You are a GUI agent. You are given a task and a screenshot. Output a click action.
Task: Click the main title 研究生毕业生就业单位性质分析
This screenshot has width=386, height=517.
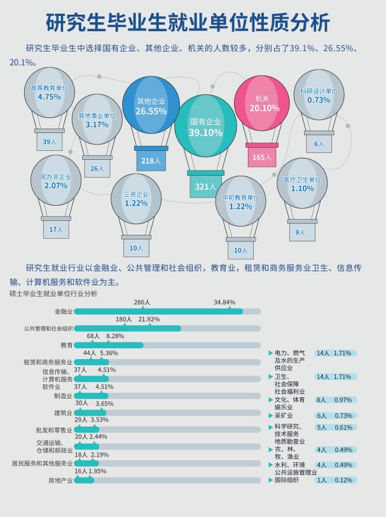(188, 22)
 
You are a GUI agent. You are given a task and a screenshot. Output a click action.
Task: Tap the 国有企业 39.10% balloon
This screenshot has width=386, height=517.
(205, 127)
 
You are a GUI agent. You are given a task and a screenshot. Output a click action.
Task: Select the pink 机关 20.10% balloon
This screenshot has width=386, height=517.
(261, 103)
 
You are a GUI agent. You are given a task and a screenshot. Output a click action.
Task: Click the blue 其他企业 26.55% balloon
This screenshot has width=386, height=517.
(151, 106)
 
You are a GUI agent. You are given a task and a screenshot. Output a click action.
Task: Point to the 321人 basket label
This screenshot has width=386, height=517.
(205, 187)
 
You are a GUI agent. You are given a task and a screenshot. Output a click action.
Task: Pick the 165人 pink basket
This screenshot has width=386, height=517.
(261, 157)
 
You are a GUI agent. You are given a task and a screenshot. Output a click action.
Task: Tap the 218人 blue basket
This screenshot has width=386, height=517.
(151, 160)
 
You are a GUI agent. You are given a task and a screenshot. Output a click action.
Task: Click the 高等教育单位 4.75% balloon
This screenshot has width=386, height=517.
(49, 93)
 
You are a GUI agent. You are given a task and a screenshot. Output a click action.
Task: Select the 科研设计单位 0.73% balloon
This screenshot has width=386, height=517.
(319, 96)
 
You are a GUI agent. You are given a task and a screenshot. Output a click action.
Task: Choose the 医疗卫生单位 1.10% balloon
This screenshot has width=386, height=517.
(302, 184)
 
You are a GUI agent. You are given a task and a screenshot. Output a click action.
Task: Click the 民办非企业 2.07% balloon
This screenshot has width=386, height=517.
(56, 181)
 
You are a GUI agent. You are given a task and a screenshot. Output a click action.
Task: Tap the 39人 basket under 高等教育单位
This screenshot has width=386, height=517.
(49, 141)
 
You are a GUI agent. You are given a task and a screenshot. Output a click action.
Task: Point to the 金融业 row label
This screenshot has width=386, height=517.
(64, 311)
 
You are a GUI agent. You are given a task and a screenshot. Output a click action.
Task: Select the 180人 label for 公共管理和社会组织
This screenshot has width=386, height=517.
(123, 319)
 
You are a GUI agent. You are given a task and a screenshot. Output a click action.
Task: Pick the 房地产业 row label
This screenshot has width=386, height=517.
(61, 480)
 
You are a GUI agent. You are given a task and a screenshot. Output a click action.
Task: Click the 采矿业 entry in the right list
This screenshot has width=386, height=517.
(284, 415)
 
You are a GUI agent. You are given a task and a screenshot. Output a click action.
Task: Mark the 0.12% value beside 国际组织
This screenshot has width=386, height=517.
(343, 480)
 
